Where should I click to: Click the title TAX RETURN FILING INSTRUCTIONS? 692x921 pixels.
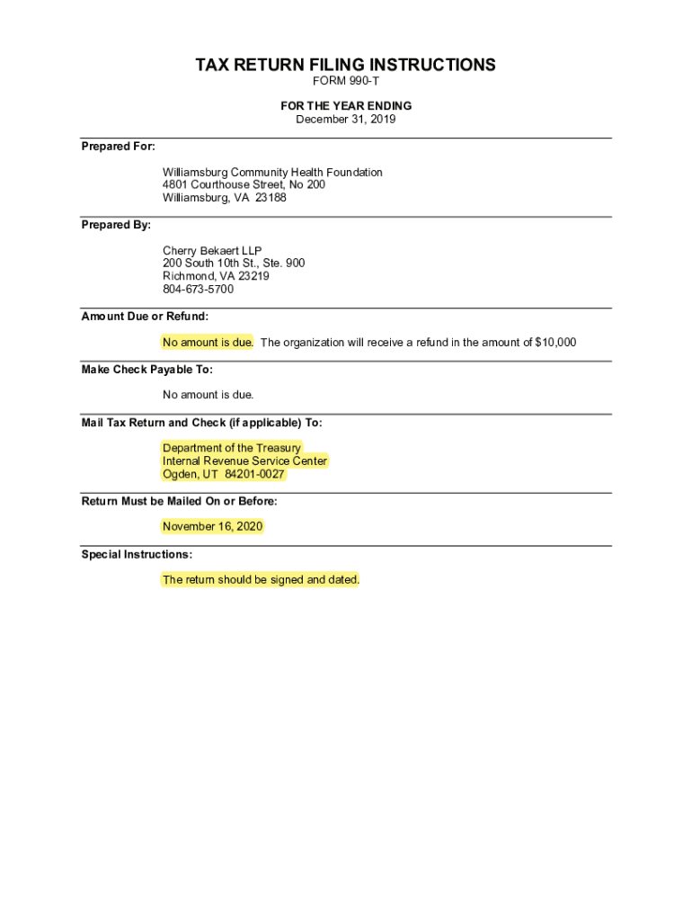pos(346,65)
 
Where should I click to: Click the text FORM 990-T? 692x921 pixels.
pos(346,82)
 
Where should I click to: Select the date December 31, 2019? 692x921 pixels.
pos(346,119)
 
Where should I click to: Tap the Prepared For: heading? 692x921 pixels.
pos(118,146)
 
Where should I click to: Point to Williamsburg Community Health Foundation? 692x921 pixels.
pos(272,172)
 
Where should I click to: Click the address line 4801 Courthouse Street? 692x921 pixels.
pos(244,184)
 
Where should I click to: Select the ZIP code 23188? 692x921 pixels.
pos(271,197)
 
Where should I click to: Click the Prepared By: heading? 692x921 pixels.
pos(116,225)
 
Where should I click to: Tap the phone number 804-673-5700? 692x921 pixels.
pos(198,289)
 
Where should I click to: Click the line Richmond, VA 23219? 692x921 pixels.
pos(216,276)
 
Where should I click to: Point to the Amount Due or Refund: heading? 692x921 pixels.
pos(145,317)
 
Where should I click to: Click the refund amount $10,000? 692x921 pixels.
pos(555,342)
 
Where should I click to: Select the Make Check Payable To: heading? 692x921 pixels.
pos(146,370)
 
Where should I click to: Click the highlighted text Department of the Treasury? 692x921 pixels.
pos(232,448)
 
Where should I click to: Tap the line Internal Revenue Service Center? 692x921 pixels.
pos(245,461)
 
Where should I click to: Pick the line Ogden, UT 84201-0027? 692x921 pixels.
pos(224,474)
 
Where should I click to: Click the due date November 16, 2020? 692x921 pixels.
pos(213,526)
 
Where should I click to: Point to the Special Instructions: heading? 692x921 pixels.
pos(137,554)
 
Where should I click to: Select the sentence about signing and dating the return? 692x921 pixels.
pos(261,579)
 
